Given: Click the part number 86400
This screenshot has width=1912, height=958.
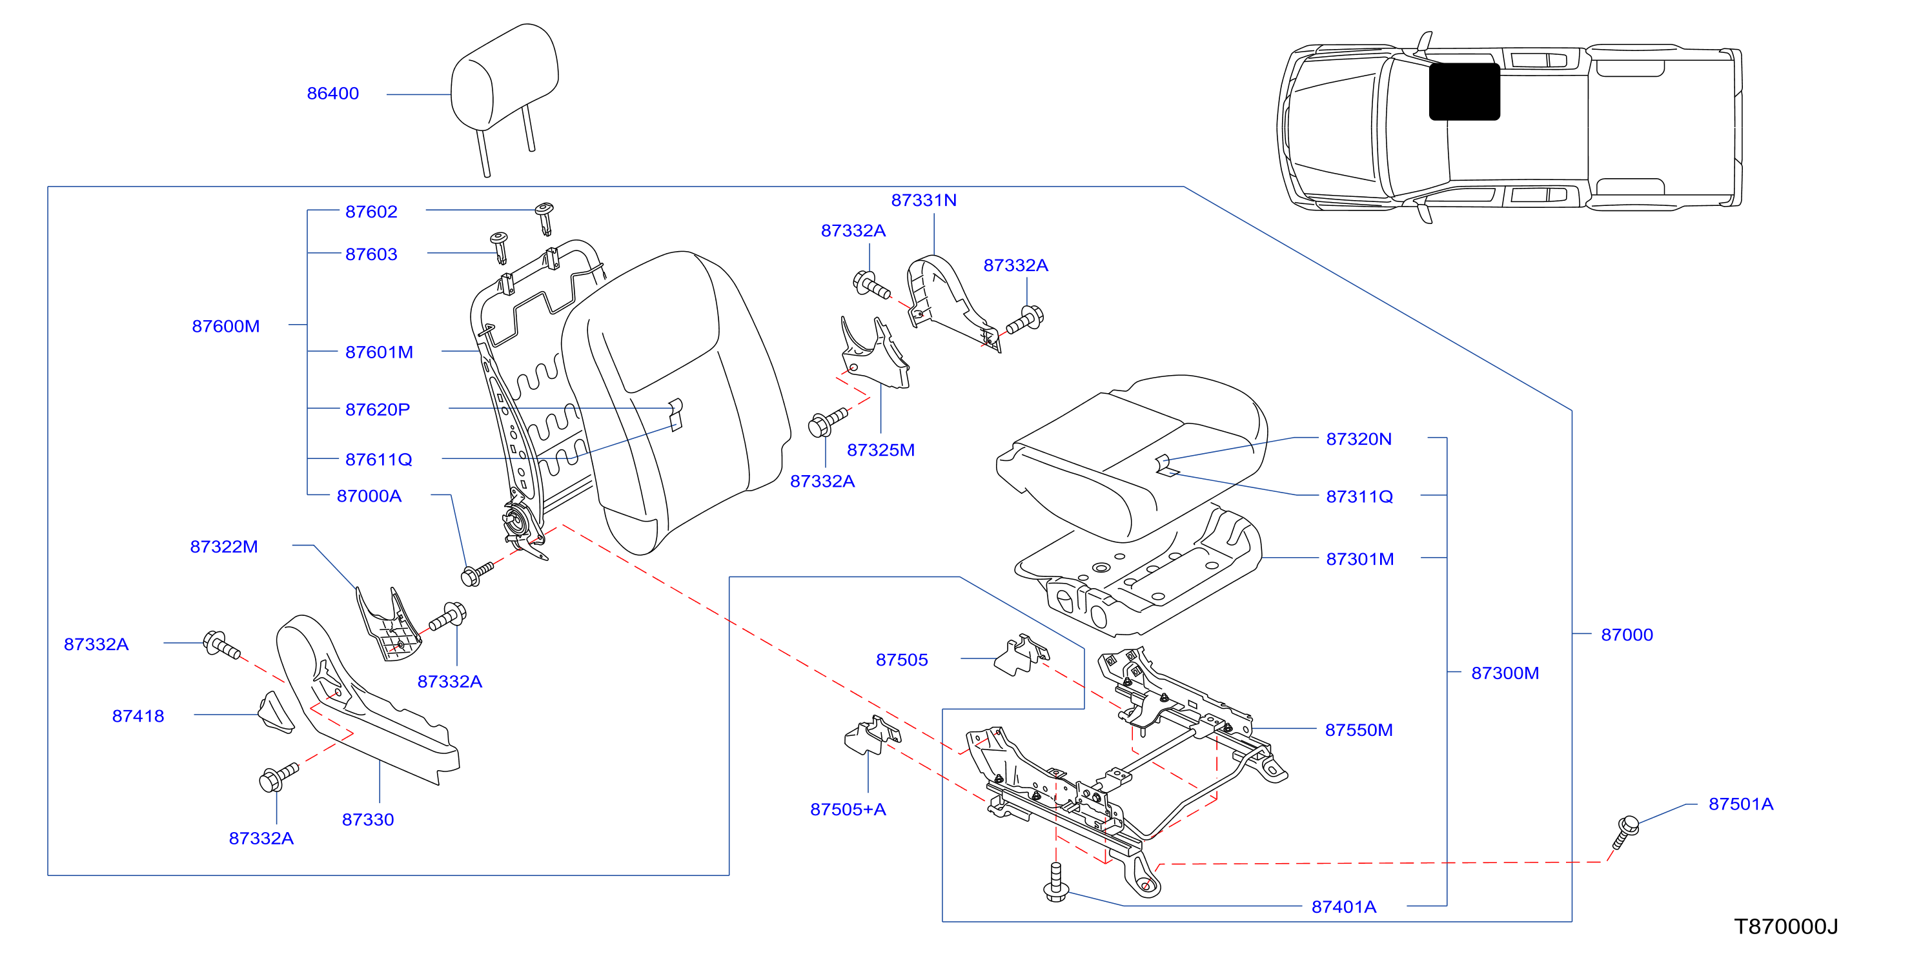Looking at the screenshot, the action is pos(332,94).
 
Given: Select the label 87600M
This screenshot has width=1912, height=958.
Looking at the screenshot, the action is pos(226,326).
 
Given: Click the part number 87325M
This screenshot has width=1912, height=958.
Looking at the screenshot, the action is pos(880,450).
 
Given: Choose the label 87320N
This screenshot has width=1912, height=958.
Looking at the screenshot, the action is pos(1358,438).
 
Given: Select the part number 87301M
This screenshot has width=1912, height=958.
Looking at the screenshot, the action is pos(1360,559).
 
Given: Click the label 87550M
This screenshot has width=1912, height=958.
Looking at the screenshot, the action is pos(1358,729).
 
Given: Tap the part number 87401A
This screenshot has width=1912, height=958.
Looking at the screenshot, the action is pos(1343,906).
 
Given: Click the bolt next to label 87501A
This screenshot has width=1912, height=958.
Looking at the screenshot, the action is pos(1625,832).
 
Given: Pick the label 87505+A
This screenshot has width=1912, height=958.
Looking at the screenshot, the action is pos(848,809).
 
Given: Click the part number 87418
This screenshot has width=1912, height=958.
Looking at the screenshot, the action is pos(138,715).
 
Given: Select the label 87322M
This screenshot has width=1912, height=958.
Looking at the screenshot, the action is pos(223,546).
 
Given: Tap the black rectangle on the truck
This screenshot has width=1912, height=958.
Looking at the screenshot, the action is pos(1465,91).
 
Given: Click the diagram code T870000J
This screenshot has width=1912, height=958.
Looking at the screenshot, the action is pos(1786,926).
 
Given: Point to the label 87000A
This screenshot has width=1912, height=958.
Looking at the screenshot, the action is pos(369,496).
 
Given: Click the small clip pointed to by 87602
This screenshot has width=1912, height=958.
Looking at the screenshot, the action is pos(545,218).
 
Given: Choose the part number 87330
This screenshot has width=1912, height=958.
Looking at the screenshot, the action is pos(367,819).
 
